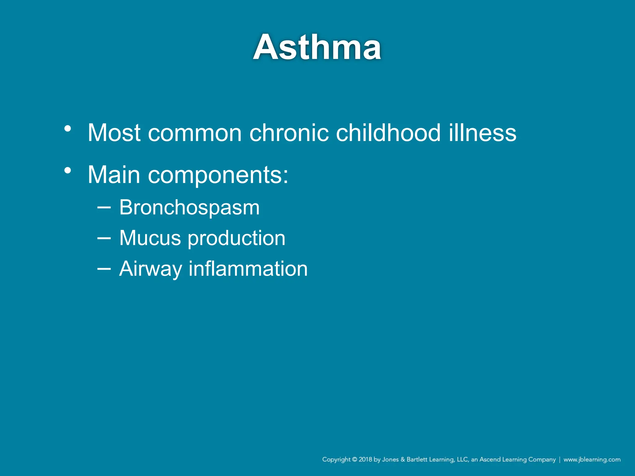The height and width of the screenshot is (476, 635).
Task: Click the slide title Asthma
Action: click(x=317, y=47)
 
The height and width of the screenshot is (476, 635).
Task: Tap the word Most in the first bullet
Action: click(x=114, y=133)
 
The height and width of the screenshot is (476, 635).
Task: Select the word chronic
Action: click(x=289, y=133)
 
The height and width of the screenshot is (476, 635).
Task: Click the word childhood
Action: click(x=388, y=133)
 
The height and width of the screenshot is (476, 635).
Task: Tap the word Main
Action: click(x=114, y=175)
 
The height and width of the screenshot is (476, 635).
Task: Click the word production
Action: click(x=237, y=238)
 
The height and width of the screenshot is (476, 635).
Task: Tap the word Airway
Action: click(x=150, y=269)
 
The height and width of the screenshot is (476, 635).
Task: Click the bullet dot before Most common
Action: click(x=68, y=128)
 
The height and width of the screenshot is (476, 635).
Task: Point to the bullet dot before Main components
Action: click(x=68, y=170)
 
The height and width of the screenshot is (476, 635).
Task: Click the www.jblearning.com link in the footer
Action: click(x=592, y=460)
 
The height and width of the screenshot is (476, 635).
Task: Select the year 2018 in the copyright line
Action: click(x=365, y=460)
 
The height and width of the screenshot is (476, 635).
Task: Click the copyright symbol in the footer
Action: click(x=354, y=460)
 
